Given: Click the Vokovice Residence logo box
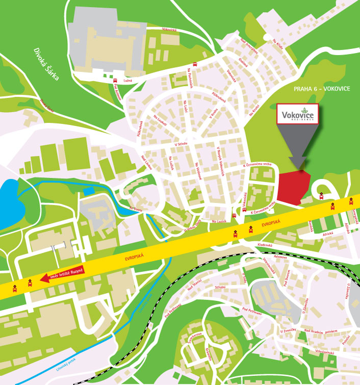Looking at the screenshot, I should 298,114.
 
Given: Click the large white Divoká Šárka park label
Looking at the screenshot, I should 46,65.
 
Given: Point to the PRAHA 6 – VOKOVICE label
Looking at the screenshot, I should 322,89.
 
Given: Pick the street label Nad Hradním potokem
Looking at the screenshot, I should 321,331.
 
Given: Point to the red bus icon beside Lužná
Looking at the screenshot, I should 115,81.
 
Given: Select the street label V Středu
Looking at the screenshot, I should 181,144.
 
